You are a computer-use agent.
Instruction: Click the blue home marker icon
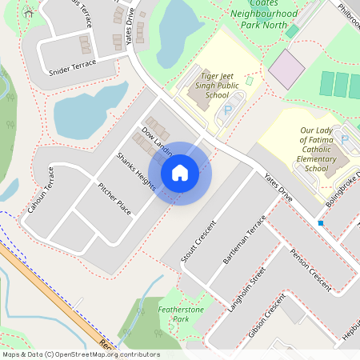180,172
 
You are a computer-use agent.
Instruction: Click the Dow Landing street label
156,141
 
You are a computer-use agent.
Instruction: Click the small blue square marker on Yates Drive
320,222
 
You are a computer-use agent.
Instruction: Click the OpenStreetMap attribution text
80,354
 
